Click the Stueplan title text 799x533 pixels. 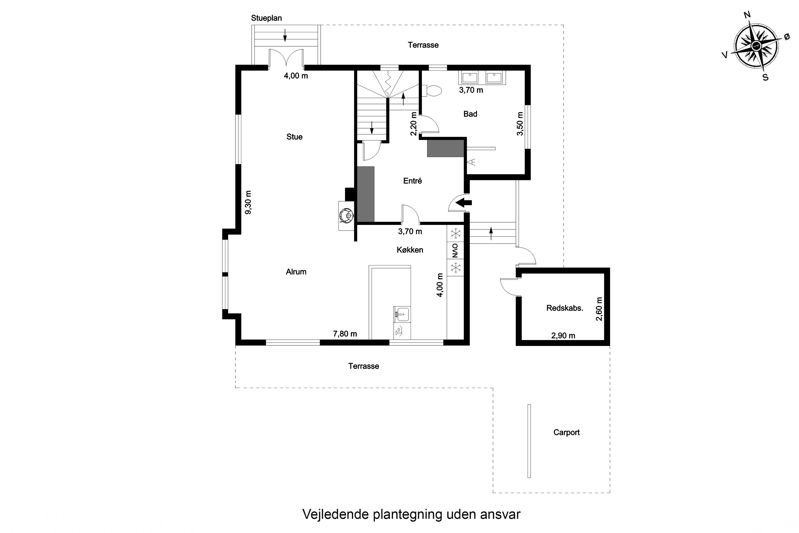coord(266,18)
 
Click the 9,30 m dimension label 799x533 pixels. coord(248,203)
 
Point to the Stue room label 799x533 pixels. coord(294,137)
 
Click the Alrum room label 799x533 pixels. coord(296,272)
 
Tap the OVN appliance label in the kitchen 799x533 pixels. coord(455,251)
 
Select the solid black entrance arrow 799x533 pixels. coord(464,203)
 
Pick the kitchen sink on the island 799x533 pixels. coord(402,314)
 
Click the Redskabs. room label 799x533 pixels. coord(565,308)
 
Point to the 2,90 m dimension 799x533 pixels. coord(563,336)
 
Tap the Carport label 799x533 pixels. coord(566,432)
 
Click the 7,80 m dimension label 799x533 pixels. coord(345,334)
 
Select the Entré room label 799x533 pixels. coord(412,181)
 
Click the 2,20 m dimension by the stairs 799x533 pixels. coord(413,124)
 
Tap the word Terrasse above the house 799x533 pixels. coord(423,45)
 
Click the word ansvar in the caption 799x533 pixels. coord(500,514)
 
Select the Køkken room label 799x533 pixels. coord(410,250)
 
